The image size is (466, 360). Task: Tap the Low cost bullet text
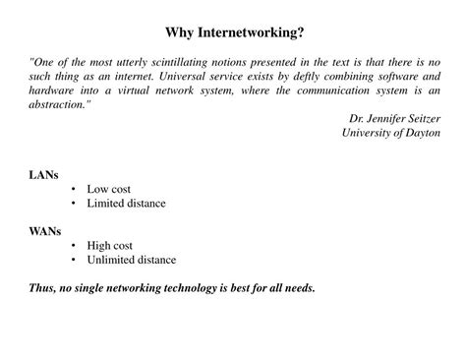point(108,189)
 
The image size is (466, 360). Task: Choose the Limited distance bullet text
point(126,204)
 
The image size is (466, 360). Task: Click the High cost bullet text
point(109,246)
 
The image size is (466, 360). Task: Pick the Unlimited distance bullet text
point(132,261)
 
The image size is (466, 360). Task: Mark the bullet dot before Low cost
point(75,189)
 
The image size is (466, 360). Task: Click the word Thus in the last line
point(42,289)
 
